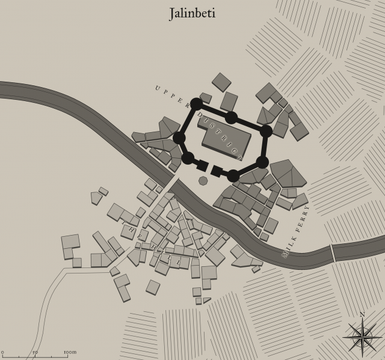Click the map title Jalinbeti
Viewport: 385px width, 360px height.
pos(192,14)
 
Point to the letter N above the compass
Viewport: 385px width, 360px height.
pos(362,314)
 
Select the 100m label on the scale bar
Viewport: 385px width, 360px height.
pos(70,352)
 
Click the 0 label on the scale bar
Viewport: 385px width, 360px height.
pos(2,352)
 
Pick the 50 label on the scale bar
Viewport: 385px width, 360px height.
pos(35,352)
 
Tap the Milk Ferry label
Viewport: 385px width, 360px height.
pos(296,232)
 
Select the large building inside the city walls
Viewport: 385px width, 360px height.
pos(226,140)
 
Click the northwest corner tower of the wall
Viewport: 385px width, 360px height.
pos(196,104)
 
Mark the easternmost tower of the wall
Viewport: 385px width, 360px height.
pos(266,131)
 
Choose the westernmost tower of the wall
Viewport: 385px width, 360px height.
pos(179,138)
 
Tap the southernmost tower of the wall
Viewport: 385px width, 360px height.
pos(233,175)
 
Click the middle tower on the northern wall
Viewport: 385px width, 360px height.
pos(231,117)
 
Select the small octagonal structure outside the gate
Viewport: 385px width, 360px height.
pos(203,180)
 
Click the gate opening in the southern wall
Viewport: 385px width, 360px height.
pos(210,168)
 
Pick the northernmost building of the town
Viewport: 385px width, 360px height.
pos(221,82)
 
